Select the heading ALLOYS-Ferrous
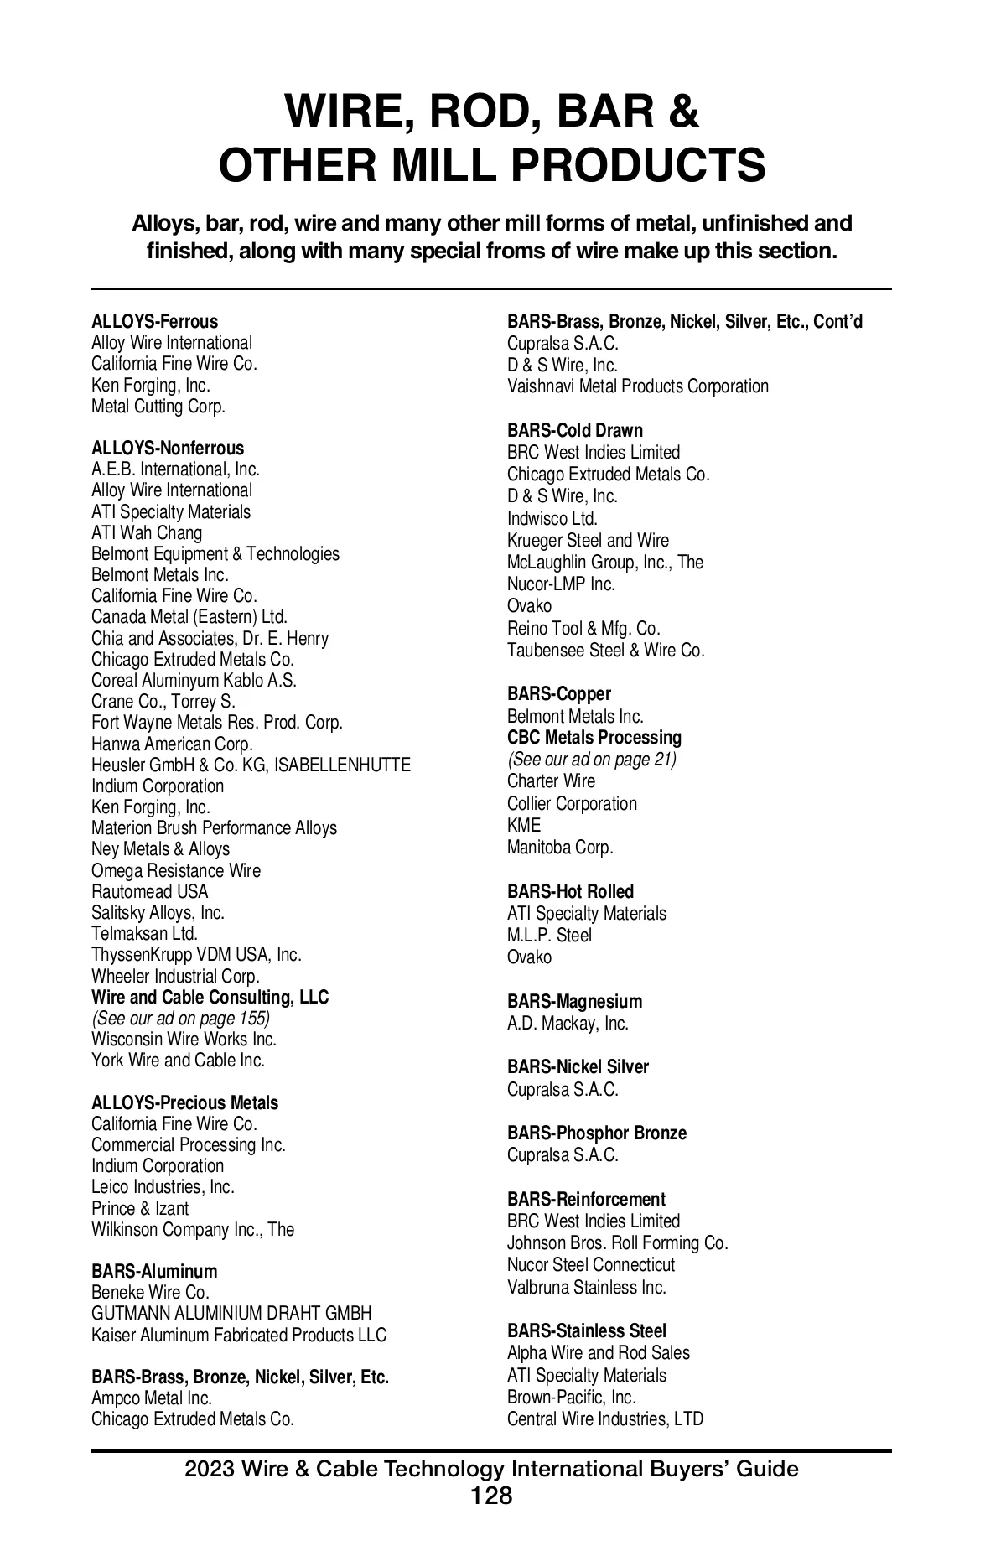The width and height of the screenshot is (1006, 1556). (x=154, y=322)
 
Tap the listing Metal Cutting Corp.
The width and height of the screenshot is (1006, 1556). (x=158, y=407)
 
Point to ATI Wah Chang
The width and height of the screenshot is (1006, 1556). (x=147, y=533)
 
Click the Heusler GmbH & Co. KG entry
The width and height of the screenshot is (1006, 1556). (x=251, y=765)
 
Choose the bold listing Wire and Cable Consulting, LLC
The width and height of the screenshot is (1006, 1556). (x=210, y=997)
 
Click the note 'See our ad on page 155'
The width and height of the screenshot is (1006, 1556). (x=180, y=1018)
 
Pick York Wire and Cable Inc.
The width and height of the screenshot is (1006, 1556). (x=178, y=1060)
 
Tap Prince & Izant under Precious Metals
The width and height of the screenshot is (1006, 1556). (x=140, y=1208)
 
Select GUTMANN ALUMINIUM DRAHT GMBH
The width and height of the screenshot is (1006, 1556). (x=231, y=1313)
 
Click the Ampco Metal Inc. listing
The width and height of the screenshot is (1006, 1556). (x=152, y=1398)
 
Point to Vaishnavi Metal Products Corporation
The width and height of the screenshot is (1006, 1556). (x=637, y=386)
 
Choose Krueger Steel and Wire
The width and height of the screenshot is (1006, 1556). (x=588, y=540)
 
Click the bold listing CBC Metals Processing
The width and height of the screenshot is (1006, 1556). (x=594, y=738)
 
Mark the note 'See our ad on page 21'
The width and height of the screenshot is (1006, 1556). (x=592, y=760)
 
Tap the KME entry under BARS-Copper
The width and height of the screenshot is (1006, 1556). (x=524, y=825)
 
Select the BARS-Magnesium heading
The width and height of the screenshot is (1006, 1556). (x=574, y=1001)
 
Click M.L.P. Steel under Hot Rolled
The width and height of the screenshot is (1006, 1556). (x=549, y=935)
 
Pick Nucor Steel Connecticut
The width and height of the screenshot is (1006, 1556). (x=591, y=1264)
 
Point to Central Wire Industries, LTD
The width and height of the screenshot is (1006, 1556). (x=605, y=1419)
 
